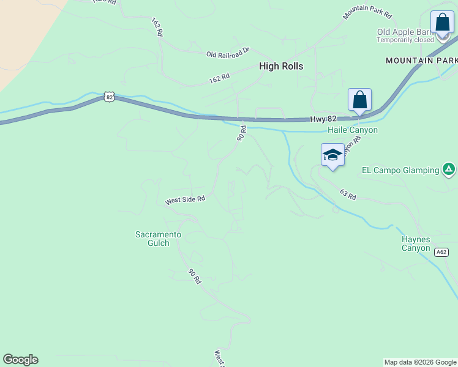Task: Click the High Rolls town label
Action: coord(280,66)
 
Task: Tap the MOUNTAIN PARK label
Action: coord(421,61)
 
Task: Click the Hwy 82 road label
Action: coord(323,119)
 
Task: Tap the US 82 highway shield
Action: coord(109,97)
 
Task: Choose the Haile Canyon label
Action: coord(352,130)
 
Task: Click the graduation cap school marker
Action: coord(332,155)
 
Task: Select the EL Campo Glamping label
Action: coord(400,169)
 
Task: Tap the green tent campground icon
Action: coord(449,169)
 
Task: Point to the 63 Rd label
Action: coord(347,195)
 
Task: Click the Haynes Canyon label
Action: coord(416,243)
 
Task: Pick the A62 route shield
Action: coord(441,252)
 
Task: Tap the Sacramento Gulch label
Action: coord(158,239)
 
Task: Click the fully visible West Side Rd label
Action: coord(184,200)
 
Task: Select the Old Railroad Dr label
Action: coord(228,54)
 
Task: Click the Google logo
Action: coord(20,360)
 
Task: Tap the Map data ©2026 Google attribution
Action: coord(420,362)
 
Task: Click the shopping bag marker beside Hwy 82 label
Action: coord(359,100)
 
